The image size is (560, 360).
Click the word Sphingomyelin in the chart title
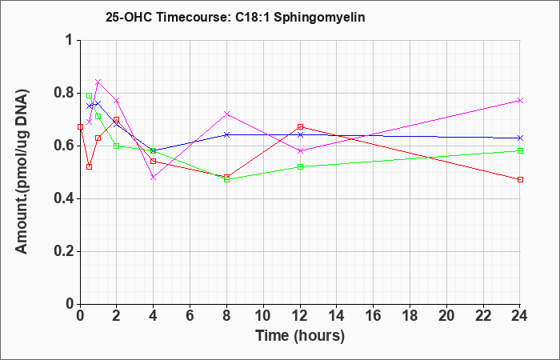[x=319, y=18]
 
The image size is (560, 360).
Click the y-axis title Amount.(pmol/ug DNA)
[x=22, y=172]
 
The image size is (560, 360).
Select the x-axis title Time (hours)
[x=300, y=336]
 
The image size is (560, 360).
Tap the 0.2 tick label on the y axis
[x=65, y=251]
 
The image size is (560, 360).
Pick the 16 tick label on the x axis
[x=374, y=316]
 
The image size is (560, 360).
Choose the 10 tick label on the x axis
[x=263, y=316]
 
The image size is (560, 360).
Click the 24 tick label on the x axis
[x=520, y=316]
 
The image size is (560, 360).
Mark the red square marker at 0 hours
[x=80, y=126]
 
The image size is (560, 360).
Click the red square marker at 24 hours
[x=520, y=180]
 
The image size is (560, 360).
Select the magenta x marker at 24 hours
[x=520, y=100]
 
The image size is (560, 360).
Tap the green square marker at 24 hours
[x=520, y=150]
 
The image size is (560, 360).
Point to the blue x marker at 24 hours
[x=520, y=138]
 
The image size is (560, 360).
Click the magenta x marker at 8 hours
[x=226, y=114]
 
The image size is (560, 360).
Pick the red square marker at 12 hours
[x=300, y=126]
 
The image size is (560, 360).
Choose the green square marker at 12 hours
[x=300, y=166]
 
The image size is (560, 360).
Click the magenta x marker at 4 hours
[x=154, y=177]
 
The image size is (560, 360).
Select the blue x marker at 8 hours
[x=226, y=134]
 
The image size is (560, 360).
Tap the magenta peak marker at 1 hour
[x=98, y=82]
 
